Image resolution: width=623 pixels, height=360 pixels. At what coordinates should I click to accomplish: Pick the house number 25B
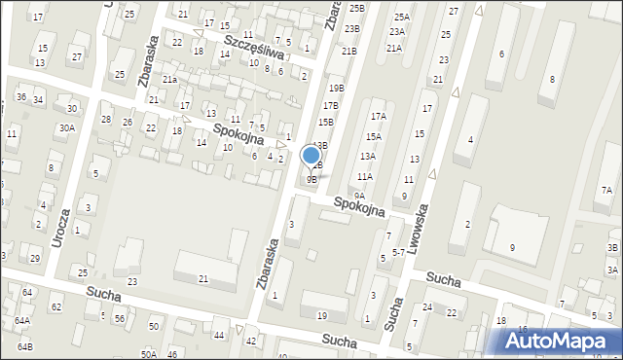pos(356,8)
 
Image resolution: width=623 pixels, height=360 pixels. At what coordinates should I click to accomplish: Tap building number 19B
pos(336,88)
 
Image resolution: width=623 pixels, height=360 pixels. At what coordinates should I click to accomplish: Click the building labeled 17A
pos(378,117)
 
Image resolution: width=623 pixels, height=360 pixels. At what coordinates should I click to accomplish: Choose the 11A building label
pos(364,177)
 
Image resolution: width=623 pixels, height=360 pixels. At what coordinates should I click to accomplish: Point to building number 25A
pos(401,17)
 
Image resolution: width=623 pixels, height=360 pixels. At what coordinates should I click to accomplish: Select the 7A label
pos(606,190)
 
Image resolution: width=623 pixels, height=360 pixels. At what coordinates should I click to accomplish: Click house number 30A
pos(66,127)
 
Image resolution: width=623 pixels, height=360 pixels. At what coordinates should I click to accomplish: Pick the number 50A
pos(148,355)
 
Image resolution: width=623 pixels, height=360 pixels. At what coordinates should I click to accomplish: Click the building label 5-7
pos(398,252)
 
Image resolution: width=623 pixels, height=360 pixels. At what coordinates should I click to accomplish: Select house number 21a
pos(169,80)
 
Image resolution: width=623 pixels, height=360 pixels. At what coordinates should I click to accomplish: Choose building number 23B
pos(351,29)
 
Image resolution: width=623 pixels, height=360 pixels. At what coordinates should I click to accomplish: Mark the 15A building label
pos(373,137)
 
